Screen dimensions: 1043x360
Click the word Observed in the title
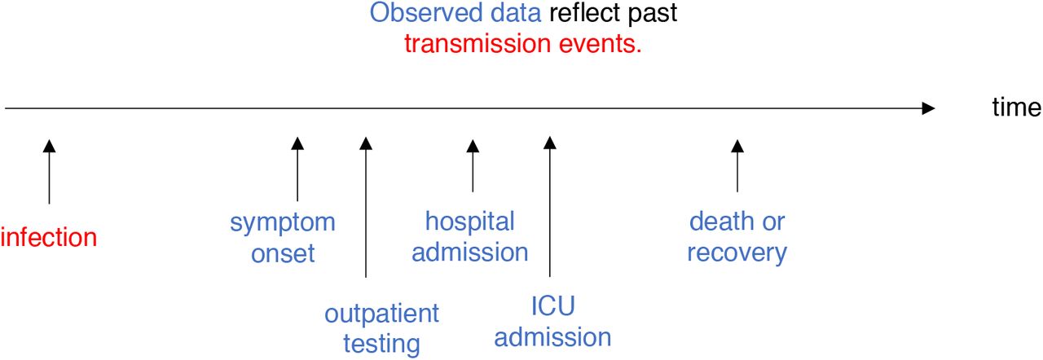[426, 12]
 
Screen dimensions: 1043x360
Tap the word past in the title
[653, 15]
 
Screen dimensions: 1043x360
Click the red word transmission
[477, 44]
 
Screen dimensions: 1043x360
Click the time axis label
[1016, 108]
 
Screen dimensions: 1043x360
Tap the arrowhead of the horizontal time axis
[928, 108]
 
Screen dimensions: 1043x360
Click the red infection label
[48, 237]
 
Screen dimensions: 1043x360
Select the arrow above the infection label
[49, 172]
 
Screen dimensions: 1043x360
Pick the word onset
[283, 254]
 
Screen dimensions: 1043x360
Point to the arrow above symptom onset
[297, 169]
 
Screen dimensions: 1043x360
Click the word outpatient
[382, 314]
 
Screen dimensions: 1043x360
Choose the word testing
[382, 345]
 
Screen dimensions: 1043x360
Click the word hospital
[470, 222]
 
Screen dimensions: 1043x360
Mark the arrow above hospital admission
[473, 165]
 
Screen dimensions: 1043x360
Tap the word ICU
[553, 306]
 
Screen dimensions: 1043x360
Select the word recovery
[737, 253]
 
